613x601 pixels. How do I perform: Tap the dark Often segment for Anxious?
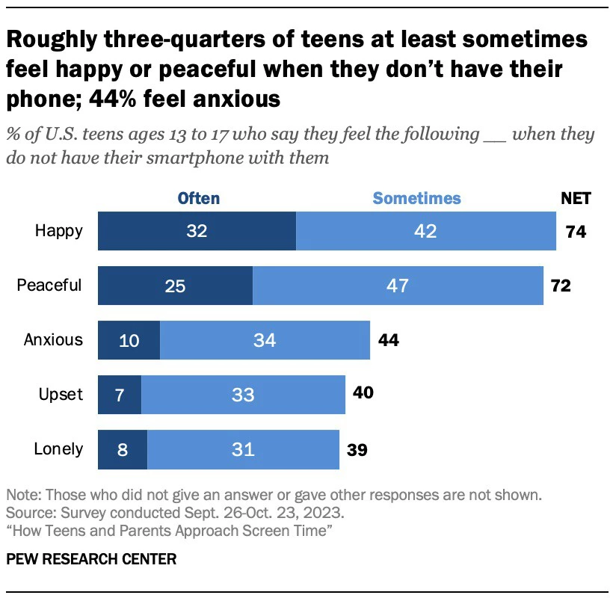click(x=129, y=340)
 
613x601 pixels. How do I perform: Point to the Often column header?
click(x=198, y=198)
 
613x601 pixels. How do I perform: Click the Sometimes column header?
click(x=416, y=198)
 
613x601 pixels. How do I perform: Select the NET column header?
click(x=576, y=198)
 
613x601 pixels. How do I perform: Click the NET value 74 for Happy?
click(x=576, y=232)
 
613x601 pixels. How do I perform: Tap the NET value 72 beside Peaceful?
click(x=561, y=286)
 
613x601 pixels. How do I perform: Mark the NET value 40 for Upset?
click(x=363, y=394)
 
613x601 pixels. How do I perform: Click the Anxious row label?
click(x=53, y=340)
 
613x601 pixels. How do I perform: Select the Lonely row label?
click(x=58, y=449)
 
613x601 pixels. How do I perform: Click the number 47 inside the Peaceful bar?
click(x=398, y=286)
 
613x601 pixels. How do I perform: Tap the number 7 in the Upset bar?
click(x=120, y=394)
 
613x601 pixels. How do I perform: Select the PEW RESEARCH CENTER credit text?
click(x=91, y=559)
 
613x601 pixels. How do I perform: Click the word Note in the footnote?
click(x=22, y=495)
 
